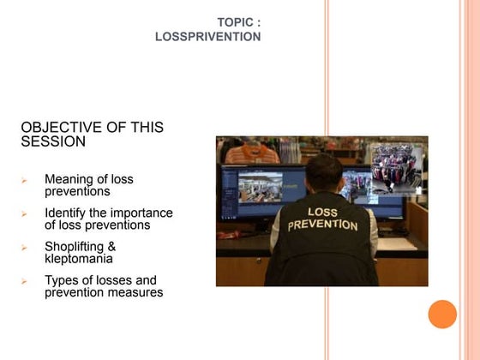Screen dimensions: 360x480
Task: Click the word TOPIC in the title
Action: pyautogui.click(x=236, y=22)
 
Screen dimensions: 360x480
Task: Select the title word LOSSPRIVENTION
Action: pyautogui.click(x=208, y=37)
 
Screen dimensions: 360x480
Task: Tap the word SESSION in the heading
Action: pyautogui.click(x=53, y=142)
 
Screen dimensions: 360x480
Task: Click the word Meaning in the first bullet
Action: pyautogui.click(x=69, y=179)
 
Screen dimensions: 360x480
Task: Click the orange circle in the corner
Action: pyautogui.click(x=442, y=314)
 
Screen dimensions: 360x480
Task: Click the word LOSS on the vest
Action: pyautogui.click(x=322, y=211)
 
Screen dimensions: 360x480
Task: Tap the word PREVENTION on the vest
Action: pyautogui.click(x=322, y=225)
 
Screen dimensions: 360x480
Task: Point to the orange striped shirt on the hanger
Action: pyautogui.click(x=253, y=153)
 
